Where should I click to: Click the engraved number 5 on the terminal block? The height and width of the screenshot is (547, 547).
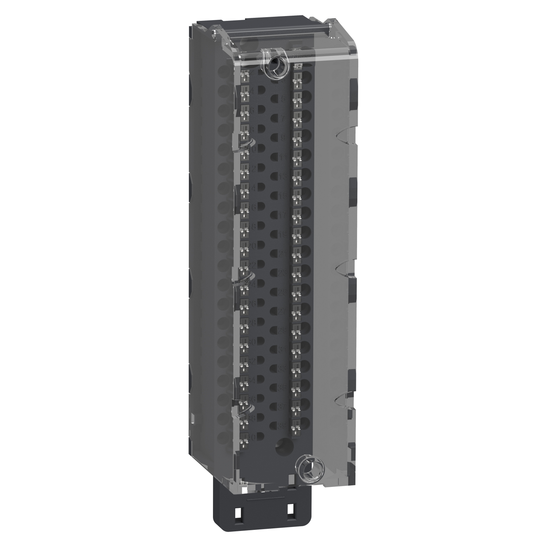click(282, 99)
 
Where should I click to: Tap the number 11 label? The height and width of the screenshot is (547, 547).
click(284, 157)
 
